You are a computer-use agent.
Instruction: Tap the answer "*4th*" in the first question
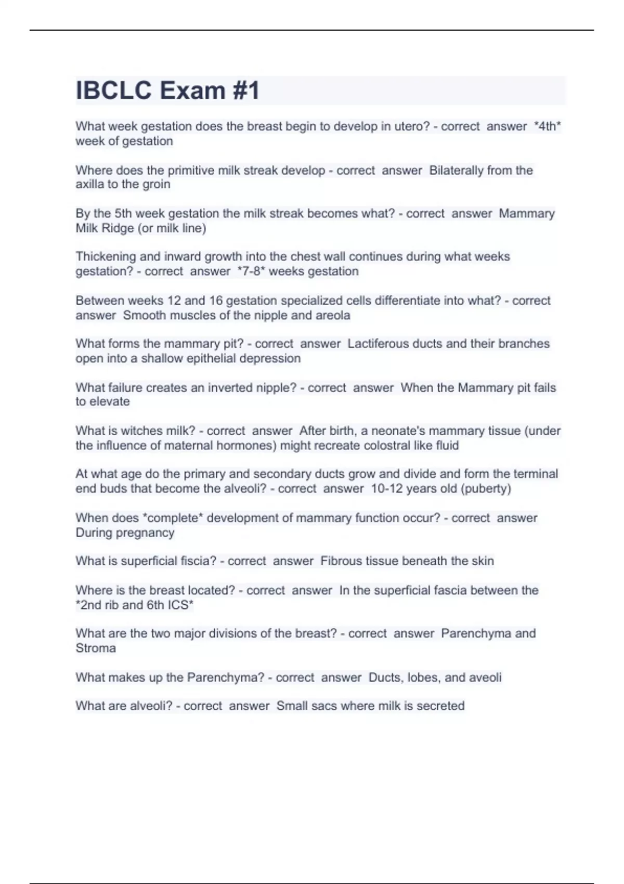coord(548,126)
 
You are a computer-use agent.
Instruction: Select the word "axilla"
coord(89,184)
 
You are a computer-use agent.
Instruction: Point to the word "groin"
coord(157,184)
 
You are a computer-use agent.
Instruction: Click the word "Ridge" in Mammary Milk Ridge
coord(119,228)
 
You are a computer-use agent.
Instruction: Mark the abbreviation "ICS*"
coord(180,605)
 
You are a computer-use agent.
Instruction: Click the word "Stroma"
coord(96,648)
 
